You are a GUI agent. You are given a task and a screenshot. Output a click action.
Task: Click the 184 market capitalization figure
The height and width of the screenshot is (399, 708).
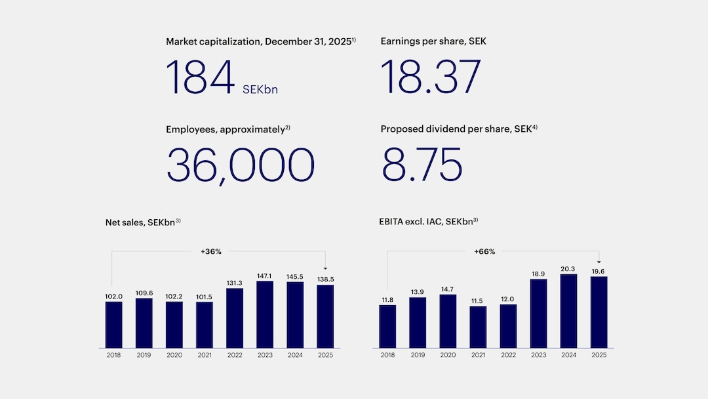point(200,77)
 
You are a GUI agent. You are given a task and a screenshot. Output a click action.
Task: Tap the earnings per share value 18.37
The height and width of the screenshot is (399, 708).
point(431,77)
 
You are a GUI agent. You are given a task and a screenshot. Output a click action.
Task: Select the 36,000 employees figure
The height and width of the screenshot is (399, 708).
point(240,165)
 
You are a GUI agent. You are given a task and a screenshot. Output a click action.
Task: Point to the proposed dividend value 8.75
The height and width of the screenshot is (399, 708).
point(422,165)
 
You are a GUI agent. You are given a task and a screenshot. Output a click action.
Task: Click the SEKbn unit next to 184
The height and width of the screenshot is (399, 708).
point(260,89)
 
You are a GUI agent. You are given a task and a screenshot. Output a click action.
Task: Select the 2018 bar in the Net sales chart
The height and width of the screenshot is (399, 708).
point(113,324)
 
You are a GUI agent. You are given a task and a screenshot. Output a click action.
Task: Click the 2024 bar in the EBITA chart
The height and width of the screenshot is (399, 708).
point(568,310)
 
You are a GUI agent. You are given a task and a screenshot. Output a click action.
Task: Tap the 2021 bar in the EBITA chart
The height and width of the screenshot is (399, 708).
point(478,327)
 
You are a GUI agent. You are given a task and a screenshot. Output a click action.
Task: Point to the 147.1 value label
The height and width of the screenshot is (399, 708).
point(265,276)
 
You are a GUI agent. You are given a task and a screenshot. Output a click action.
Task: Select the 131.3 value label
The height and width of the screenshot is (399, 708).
point(235,283)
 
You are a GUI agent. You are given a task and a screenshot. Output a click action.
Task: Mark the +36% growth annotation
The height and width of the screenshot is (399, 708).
point(210,251)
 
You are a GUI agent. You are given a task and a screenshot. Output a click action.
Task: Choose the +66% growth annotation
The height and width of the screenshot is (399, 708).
point(484,251)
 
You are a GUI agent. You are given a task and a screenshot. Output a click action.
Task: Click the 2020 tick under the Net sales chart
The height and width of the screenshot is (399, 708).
point(174,355)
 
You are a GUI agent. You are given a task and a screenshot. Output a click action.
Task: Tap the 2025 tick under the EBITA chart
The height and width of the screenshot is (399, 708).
point(599,355)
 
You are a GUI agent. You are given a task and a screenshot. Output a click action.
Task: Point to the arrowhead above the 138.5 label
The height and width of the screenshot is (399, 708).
point(325,268)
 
